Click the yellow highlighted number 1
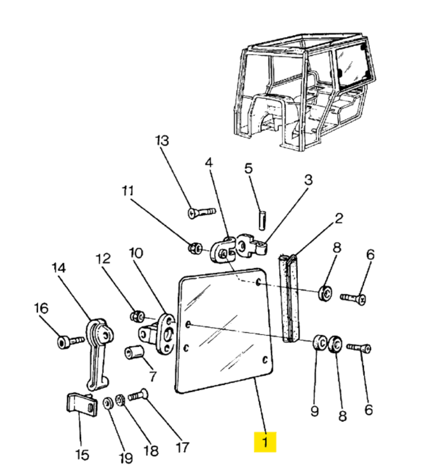tap(265, 442)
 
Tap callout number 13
tap(162, 141)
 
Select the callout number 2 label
tap(338, 218)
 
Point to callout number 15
tap(82, 455)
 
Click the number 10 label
tap(136, 253)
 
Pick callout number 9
tap(314, 411)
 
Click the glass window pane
tap(224, 330)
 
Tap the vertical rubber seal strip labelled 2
tap(289, 299)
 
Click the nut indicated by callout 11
tap(195, 249)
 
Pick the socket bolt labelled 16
tap(70, 342)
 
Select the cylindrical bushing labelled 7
tap(133, 352)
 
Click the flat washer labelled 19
tap(108, 403)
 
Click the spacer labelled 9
tap(319, 343)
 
